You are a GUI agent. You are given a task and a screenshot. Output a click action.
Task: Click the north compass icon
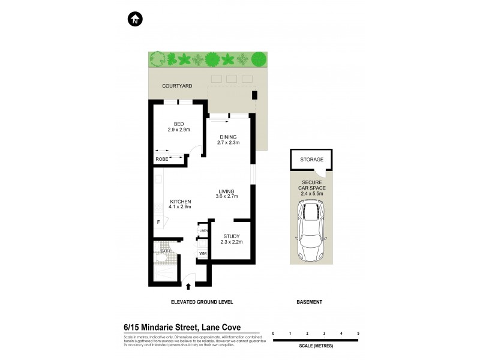pyautogui.click(x=135, y=19)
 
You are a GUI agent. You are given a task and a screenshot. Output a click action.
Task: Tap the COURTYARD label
pyautogui.click(x=177, y=86)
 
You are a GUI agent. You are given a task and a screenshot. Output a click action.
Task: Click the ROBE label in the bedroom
pyautogui.click(x=162, y=159)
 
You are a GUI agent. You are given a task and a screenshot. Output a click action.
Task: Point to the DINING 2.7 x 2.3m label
pyautogui.click(x=229, y=139)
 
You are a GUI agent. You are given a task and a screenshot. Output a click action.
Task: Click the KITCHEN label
pyautogui.click(x=180, y=204)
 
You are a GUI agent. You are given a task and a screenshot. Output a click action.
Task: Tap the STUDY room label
pyautogui.click(x=232, y=239)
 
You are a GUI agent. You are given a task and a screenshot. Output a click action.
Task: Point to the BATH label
pyautogui.click(x=157, y=251)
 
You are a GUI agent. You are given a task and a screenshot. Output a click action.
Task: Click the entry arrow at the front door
pyautogui.click(x=190, y=286)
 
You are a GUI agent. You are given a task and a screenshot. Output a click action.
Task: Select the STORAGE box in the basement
pyautogui.click(x=311, y=160)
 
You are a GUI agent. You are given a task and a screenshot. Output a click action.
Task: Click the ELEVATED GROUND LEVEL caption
pyautogui.click(x=202, y=302)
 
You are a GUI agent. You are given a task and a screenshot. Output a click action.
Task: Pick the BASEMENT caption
pyautogui.click(x=310, y=302)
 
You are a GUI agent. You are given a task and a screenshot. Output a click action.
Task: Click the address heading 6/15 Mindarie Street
pyautogui.click(x=182, y=328)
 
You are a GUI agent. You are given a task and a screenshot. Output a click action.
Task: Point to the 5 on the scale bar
pyautogui.click(x=358, y=332)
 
